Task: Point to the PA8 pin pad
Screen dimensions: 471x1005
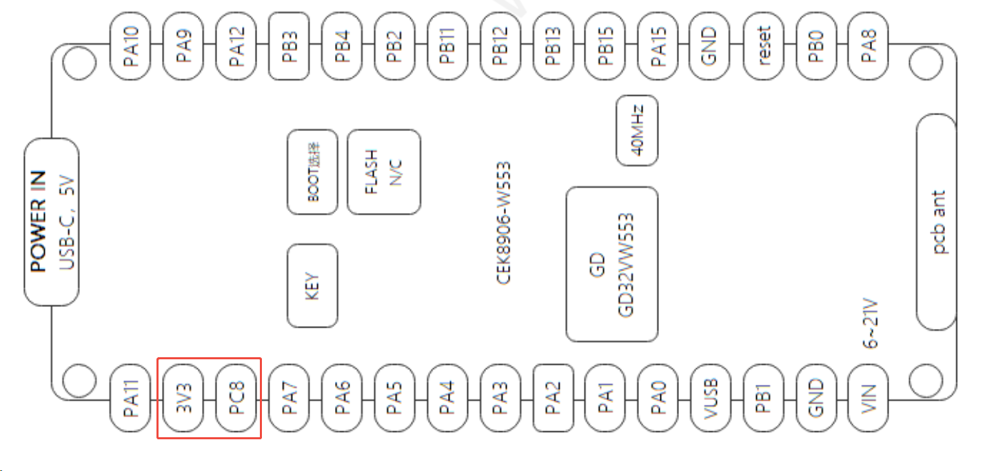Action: (870, 46)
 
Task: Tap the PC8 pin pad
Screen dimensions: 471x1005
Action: (236, 398)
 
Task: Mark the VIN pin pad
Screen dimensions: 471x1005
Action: (870, 398)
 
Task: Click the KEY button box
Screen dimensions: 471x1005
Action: (312, 285)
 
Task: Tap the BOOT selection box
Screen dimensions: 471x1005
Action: (312, 172)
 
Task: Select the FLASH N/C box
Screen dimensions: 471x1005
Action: (384, 172)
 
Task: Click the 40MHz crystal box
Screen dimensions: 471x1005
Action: (636, 130)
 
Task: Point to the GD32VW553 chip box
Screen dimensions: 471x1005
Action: (611, 264)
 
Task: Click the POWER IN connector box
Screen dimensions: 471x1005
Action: (51, 222)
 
